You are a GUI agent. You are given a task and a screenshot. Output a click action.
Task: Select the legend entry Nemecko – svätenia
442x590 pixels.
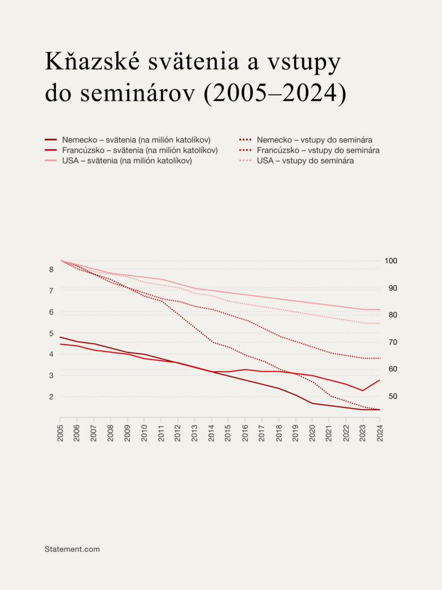(136, 140)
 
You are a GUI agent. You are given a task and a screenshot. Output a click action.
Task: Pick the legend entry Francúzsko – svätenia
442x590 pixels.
(140, 150)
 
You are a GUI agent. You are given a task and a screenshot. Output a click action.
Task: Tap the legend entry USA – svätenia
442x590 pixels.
(127, 161)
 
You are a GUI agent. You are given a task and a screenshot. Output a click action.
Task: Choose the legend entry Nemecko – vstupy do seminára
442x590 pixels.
(314, 140)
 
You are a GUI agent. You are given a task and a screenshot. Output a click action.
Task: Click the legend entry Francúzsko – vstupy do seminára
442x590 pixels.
(318, 150)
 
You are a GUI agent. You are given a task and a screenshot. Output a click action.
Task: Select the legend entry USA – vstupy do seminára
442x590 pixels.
(306, 161)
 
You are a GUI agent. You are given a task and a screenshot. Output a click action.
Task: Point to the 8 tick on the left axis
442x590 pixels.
(51, 269)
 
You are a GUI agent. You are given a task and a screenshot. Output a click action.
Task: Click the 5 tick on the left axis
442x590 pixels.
(51, 333)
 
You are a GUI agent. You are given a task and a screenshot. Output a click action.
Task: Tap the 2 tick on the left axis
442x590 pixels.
(51, 396)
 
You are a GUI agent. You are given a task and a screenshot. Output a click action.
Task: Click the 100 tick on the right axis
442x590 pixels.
(391, 260)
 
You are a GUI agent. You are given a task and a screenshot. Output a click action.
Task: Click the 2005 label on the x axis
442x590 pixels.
(60, 433)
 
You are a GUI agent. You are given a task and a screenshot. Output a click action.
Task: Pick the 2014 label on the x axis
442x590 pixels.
(212, 433)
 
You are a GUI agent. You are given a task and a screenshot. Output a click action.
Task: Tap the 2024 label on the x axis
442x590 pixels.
(380, 433)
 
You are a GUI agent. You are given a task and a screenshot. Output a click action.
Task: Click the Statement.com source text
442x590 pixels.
(72, 549)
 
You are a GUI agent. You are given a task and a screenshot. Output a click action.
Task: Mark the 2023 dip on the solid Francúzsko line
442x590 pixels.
(363, 391)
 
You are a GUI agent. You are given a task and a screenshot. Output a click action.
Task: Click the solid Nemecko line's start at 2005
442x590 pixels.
(60, 337)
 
